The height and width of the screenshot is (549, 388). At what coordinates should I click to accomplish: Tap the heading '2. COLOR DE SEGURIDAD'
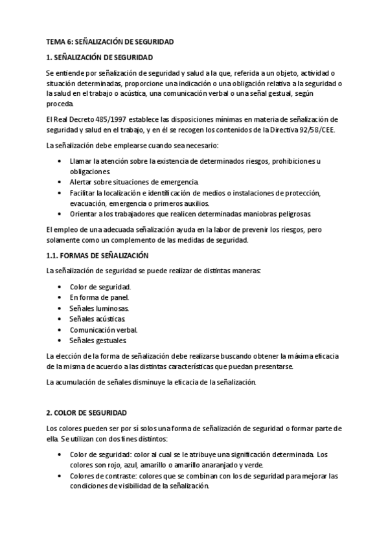87,412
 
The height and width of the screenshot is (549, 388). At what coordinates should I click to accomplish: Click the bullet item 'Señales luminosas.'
99,308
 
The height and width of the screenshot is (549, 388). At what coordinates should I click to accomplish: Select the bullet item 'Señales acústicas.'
97,319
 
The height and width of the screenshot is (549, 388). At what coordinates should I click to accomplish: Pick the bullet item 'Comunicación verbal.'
104,330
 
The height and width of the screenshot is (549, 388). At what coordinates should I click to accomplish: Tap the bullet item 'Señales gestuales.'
98,341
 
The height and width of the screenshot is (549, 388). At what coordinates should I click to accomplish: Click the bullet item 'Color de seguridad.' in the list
100,287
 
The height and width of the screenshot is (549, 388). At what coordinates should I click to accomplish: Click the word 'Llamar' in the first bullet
81,161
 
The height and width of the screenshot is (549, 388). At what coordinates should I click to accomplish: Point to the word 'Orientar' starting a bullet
84,214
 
